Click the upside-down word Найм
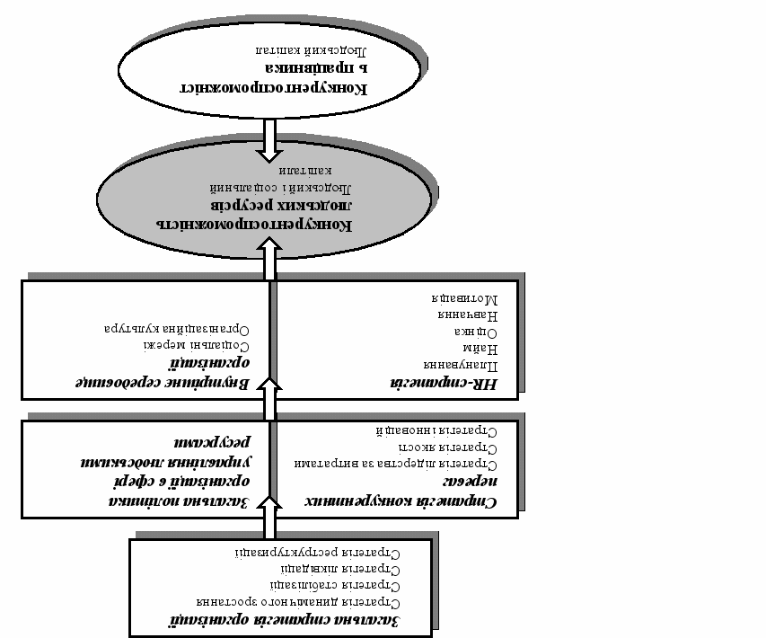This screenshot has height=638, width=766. (487, 346)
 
